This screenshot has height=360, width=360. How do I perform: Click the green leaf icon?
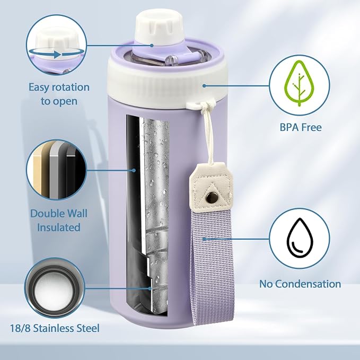[x=300, y=83]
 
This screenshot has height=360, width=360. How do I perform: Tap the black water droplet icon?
[x=300, y=238]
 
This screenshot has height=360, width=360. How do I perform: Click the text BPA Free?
[x=301, y=127]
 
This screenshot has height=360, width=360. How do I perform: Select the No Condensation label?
[x=300, y=284]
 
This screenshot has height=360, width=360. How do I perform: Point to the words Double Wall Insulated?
[x=59, y=221]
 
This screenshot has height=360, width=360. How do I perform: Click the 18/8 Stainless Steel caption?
[x=55, y=328]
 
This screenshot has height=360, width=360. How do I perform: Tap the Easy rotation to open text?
[x=59, y=94]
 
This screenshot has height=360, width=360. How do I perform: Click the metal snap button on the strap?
[x=210, y=197]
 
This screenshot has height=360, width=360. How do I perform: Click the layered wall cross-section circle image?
[x=56, y=170]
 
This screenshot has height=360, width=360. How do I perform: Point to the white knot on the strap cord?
[x=204, y=106]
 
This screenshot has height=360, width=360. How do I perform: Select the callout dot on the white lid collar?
[x=204, y=86]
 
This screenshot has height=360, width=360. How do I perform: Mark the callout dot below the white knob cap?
[x=152, y=46]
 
